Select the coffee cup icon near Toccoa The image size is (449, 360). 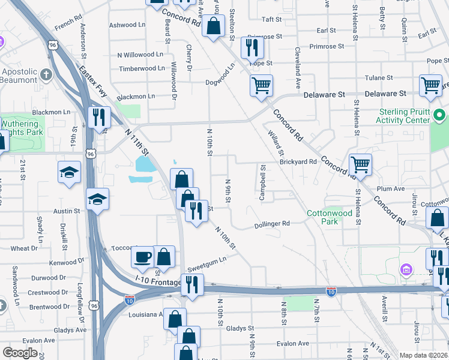click(x=143, y=257)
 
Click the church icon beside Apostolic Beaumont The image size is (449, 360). click(x=47, y=75)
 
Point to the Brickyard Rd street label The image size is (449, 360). click(x=298, y=162)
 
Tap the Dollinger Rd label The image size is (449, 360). click(x=272, y=223)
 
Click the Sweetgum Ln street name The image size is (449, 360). click(x=206, y=259)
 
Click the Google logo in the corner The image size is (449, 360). click(x=20, y=353)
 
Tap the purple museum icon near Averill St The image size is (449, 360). click(x=407, y=269)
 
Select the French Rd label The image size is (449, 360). click(x=67, y=25)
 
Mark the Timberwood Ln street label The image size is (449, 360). click(x=142, y=68)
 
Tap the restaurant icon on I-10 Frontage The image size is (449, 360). click(x=192, y=284)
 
